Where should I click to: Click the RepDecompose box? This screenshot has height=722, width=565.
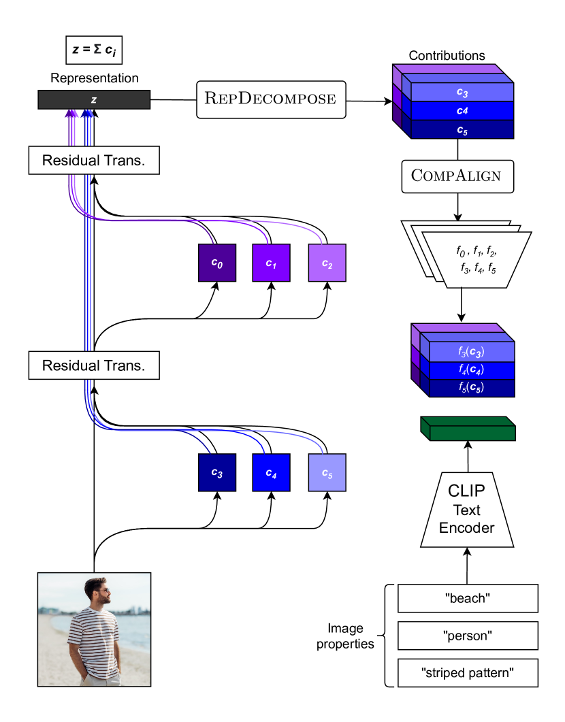[x=271, y=99]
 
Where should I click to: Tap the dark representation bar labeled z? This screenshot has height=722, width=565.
[x=94, y=100]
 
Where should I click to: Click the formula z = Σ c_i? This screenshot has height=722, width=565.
[x=93, y=51]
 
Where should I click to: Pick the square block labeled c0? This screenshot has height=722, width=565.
[x=216, y=263]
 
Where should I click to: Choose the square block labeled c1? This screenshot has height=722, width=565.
[x=272, y=263]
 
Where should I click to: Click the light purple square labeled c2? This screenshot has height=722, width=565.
[x=327, y=263]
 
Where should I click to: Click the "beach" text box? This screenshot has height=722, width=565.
[x=468, y=599]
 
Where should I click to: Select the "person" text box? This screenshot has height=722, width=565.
[x=468, y=636]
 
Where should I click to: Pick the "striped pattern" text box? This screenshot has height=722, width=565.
[x=468, y=673]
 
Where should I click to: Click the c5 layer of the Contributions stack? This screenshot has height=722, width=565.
[x=462, y=129]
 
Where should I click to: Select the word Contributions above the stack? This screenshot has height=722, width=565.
[x=447, y=55]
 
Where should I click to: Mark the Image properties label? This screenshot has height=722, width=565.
[x=345, y=636]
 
